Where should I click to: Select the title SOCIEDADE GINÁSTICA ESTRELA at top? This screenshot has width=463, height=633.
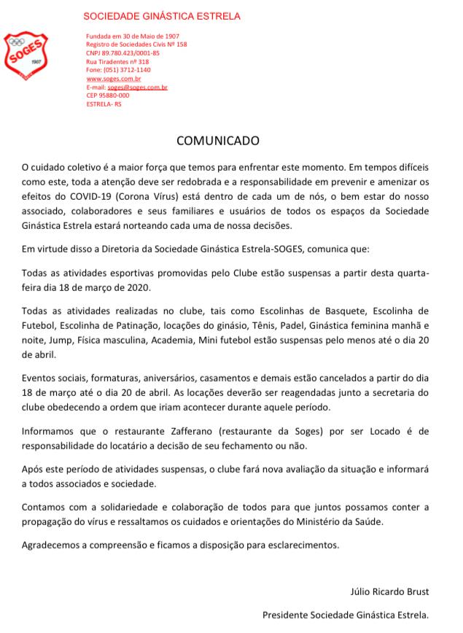tap(161, 16)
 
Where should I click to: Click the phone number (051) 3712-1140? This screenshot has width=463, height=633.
tap(125, 70)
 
